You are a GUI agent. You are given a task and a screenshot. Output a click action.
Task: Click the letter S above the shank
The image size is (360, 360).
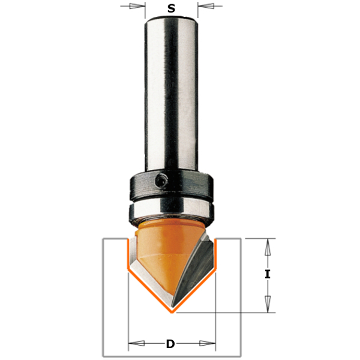(x=172, y=8)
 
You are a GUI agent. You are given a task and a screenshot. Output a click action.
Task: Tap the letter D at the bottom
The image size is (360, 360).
(x=171, y=344)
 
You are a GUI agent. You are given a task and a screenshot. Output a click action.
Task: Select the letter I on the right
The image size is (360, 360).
(x=268, y=275)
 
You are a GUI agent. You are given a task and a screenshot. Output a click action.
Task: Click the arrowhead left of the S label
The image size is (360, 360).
(x=139, y=7)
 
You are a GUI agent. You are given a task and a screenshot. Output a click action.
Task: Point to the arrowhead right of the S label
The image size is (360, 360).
(x=204, y=7)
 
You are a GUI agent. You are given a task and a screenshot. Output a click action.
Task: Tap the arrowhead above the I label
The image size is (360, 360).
(x=268, y=246)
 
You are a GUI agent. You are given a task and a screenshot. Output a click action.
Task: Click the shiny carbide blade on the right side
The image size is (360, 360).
(x=195, y=270)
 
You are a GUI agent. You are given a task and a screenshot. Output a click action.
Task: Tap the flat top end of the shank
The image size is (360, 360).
(x=172, y=20)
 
